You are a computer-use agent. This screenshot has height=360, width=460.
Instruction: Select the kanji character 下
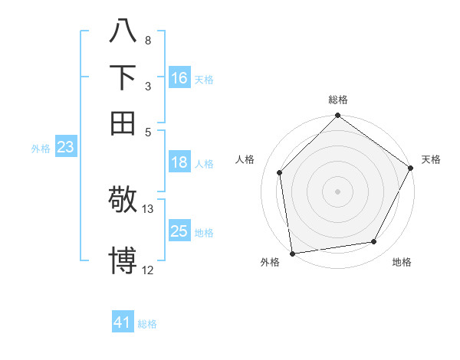pyautogui.click(x=123, y=78)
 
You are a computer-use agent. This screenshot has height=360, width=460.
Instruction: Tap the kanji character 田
pyautogui.click(x=123, y=123)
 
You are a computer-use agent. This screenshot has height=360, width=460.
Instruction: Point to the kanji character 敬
pyautogui.click(x=123, y=200)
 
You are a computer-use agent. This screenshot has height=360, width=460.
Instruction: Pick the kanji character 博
pyautogui.click(x=123, y=260)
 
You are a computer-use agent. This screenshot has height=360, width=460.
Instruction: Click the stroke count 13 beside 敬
pyautogui.click(x=148, y=209)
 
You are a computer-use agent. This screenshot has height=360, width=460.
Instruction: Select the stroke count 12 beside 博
pyautogui.click(x=148, y=270)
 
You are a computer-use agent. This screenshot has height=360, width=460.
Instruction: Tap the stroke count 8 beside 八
pyautogui.click(x=147, y=40)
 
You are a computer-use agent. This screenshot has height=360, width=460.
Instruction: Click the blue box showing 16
pyautogui.click(x=179, y=78)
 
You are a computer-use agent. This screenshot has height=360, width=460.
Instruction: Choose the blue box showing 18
pyautogui.click(x=179, y=162)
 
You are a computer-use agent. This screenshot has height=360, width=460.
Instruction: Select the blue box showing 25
pyautogui.click(x=179, y=231)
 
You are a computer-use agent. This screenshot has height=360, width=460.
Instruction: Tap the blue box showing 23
pyautogui.click(x=65, y=147)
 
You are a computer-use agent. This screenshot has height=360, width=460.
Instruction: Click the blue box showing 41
pyautogui.click(x=123, y=322)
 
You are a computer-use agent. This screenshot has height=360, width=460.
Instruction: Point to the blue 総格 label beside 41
pyautogui.click(x=147, y=324)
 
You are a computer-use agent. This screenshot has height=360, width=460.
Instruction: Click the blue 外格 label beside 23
pyautogui.click(x=40, y=149)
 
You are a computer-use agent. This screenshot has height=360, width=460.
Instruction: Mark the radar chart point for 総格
pyautogui.click(x=337, y=117)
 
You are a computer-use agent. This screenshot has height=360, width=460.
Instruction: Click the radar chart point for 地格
pyautogui.click(x=374, y=242)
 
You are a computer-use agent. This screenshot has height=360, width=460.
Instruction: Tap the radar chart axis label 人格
pyautogui.click(x=245, y=159)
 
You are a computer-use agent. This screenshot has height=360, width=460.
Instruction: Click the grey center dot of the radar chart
pyautogui.click(x=337, y=191)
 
